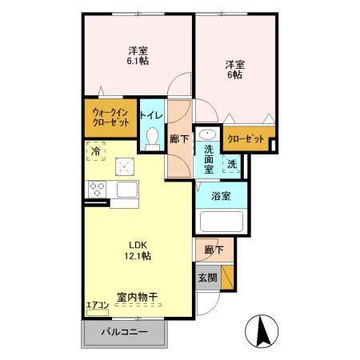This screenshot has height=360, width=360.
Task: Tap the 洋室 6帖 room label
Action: tap(234, 69)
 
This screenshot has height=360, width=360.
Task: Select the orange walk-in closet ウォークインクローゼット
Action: tap(110, 117)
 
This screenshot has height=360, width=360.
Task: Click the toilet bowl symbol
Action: tap(151, 138)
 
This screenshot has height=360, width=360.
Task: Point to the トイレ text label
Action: tap(151, 115)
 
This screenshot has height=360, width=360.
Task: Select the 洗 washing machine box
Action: tap(231, 165)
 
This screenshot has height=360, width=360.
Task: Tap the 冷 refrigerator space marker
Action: tap(96, 150)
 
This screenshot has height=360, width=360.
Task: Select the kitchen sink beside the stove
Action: tap(126, 190)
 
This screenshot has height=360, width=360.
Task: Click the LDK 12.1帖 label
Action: tap(135, 250)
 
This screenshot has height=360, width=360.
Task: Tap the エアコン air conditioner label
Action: tap(96, 304)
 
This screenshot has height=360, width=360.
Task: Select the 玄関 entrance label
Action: tap(206, 278)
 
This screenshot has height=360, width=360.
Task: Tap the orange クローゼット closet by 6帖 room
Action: tap(246, 139)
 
